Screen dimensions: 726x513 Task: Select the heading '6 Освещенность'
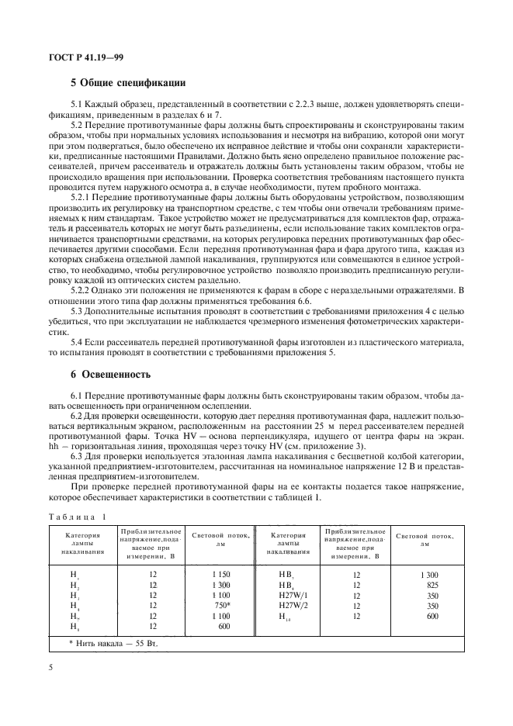pyautogui.click(x=110, y=374)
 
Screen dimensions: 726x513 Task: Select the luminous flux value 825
pyautogui.click(x=433, y=585)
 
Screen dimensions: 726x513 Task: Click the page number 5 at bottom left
pyautogui.click(x=50, y=665)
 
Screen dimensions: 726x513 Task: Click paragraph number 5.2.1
pyautogui.click(x=83, y=198)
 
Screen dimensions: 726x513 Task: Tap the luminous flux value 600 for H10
pyautogui.click(x=433, y=615)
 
